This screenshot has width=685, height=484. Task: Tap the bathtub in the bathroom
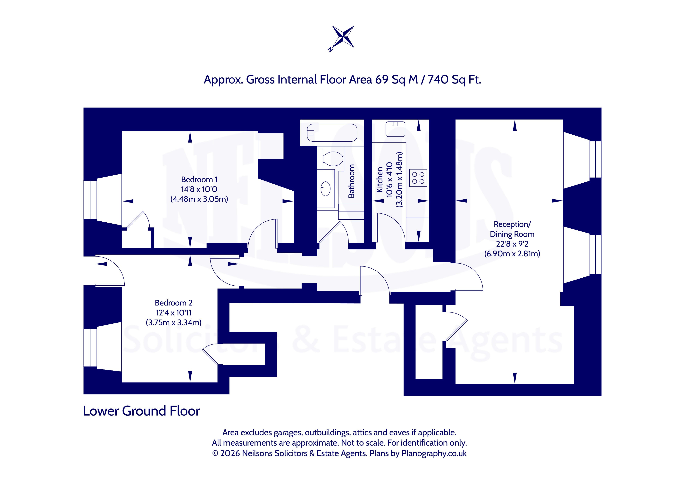332,133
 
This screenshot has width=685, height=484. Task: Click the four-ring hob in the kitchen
418,178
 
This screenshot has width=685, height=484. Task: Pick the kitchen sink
395,129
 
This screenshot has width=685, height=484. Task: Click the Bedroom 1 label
199,179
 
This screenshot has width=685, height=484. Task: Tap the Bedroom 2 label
174,303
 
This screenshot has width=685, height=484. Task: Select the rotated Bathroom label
351,181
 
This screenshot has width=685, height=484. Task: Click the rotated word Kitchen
380,179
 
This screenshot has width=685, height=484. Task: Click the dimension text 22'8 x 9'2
512,244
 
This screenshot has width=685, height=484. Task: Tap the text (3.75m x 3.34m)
174,322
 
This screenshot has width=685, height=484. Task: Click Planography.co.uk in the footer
434,454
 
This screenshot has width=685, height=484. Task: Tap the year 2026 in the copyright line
230,453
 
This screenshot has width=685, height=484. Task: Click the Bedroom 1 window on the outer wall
90,200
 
